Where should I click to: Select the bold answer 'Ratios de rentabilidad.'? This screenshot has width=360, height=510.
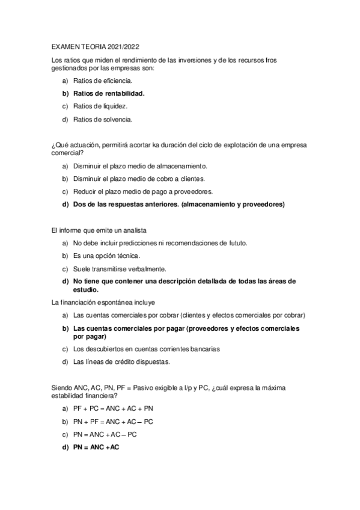click(x=109, y=93)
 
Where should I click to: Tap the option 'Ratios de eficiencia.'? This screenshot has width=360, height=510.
click(x=103, y=80)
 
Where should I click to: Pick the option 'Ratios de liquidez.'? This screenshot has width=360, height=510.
click(x=100, y=106)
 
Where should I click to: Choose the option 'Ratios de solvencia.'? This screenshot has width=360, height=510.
click(x=103, y=119)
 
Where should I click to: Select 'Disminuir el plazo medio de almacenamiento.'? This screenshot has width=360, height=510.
click(x=140, y=165)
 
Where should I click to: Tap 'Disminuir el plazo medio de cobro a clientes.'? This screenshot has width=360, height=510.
click(x=139, y=179)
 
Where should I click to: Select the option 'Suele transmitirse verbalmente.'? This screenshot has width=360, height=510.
click(x=120, y=268)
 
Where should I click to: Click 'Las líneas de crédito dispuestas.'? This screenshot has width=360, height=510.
click(x=121, y=361)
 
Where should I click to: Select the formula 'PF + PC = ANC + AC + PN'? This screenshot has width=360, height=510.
click(x=113, y=408)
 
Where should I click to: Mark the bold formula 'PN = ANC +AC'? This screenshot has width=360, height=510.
click(x=96, y=447)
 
